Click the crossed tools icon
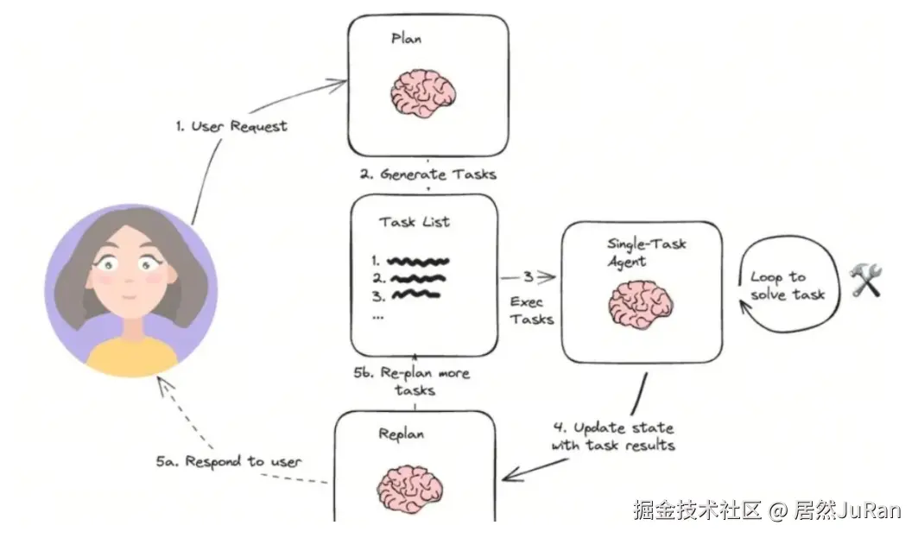coord(865,281)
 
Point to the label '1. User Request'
coord(231,126)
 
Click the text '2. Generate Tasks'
coord(427,174)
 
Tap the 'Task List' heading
coord(415,222)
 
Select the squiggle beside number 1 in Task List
coord(417,260)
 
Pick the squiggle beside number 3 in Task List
coord(415,294)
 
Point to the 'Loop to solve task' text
coord(786,286)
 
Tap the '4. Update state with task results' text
coord(612,436)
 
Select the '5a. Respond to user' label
coord(229,462)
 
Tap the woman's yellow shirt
coord(130,358)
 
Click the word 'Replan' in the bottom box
coord(401,434)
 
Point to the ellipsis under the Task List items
coord(378,316)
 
